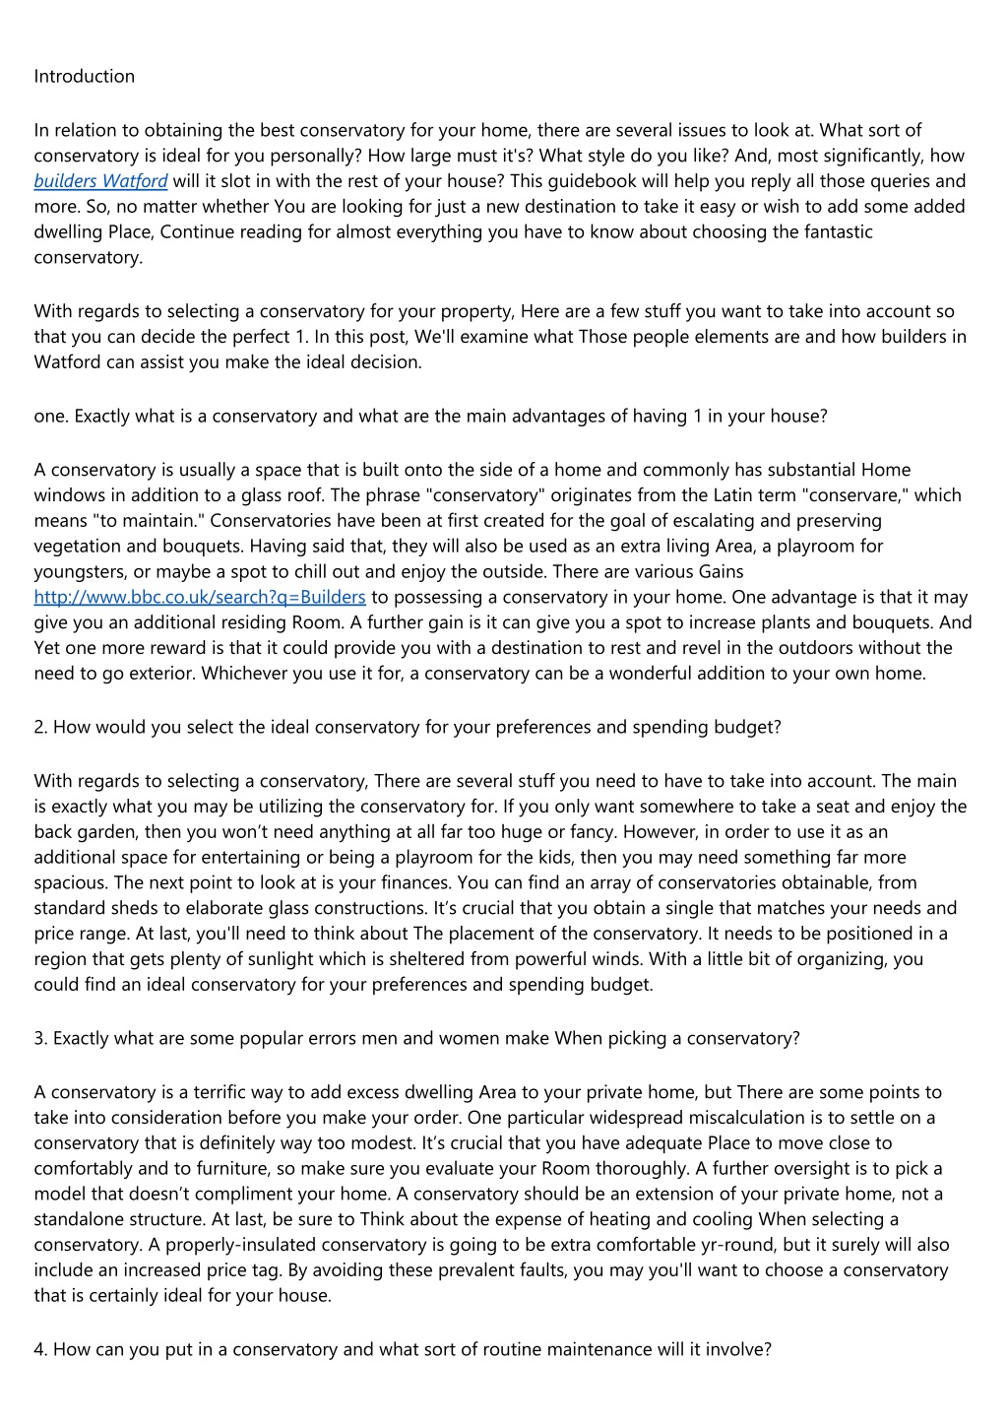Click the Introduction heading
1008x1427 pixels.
pyautogui.click(x=84, y=76)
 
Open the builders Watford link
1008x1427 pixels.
pyautogui.click(x=100, y=181)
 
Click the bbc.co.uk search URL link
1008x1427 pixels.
pyautogui.click(x=200, y=597)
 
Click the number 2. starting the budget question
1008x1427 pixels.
pyautogui.click(x=40, y=727)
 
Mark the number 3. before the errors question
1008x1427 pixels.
pyautogui.click(x=40, y=1038)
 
